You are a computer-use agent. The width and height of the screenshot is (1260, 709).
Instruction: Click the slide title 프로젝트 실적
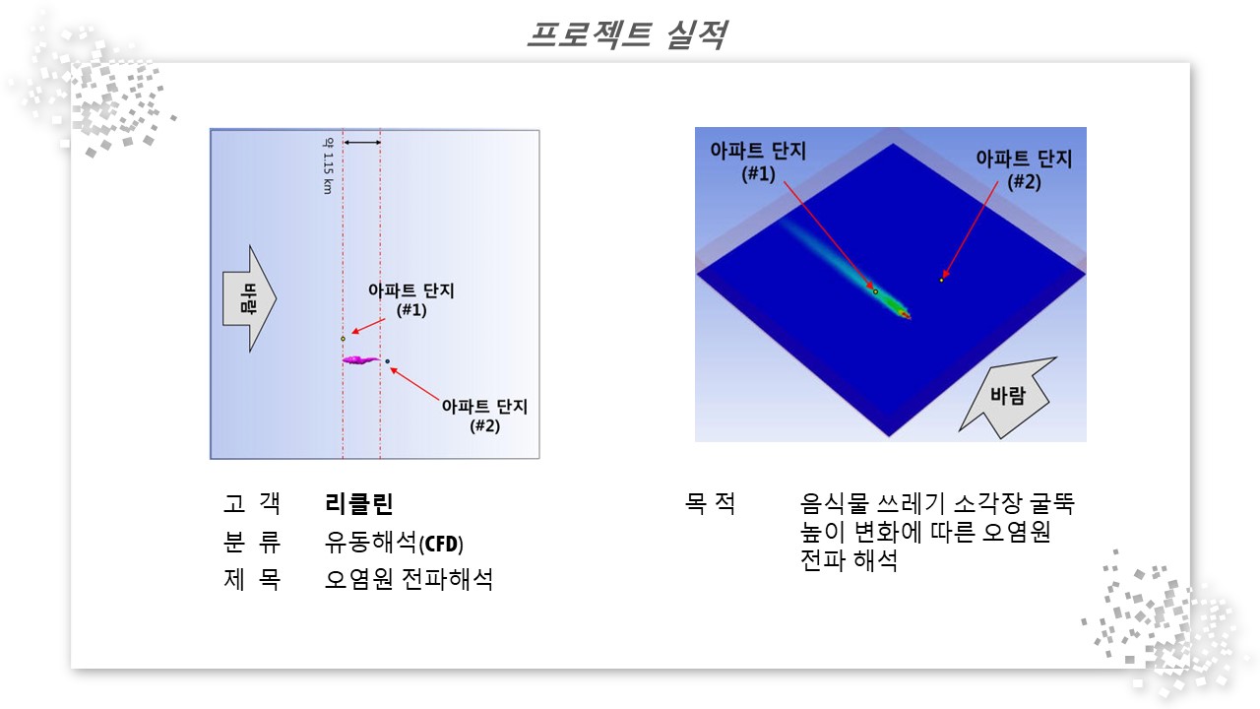pos(627,34)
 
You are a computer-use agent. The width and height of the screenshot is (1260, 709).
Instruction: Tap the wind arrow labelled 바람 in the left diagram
pos(249,298)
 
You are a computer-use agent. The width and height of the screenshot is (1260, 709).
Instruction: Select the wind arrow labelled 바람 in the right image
pos(1008,397)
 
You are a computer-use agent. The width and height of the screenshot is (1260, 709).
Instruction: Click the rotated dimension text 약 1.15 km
pos(328,166)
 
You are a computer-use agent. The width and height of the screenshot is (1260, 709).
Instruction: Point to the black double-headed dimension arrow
pos(362,143)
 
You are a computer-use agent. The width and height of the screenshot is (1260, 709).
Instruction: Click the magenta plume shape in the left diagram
pos(360,359)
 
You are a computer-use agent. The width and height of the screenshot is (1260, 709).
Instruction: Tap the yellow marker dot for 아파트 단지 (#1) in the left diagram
pos(344,339)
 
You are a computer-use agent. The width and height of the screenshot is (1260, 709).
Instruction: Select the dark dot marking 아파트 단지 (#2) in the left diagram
pos(387,361)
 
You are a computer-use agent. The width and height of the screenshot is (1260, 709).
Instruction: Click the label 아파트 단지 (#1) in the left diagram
pos(411,300)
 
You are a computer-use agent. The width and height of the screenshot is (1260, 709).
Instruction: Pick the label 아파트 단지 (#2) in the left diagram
pos(484,416)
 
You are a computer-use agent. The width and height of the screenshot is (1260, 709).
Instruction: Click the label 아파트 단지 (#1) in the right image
pos(758,161)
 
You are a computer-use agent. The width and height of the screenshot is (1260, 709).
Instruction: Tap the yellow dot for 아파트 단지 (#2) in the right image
pos(941,281)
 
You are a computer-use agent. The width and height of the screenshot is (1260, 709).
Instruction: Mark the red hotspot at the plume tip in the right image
pos(905,314)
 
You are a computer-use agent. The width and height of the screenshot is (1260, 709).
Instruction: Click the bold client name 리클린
pos(359,503)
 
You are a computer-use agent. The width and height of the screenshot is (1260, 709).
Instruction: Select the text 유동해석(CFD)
pos(394,543)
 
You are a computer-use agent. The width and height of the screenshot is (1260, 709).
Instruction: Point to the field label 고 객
pos(251,503)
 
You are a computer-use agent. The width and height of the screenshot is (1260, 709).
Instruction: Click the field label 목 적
pos(710,502)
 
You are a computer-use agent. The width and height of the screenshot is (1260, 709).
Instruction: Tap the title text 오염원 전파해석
pos(409,579)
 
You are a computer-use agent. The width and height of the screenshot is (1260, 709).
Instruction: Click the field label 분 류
pos(251,542)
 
